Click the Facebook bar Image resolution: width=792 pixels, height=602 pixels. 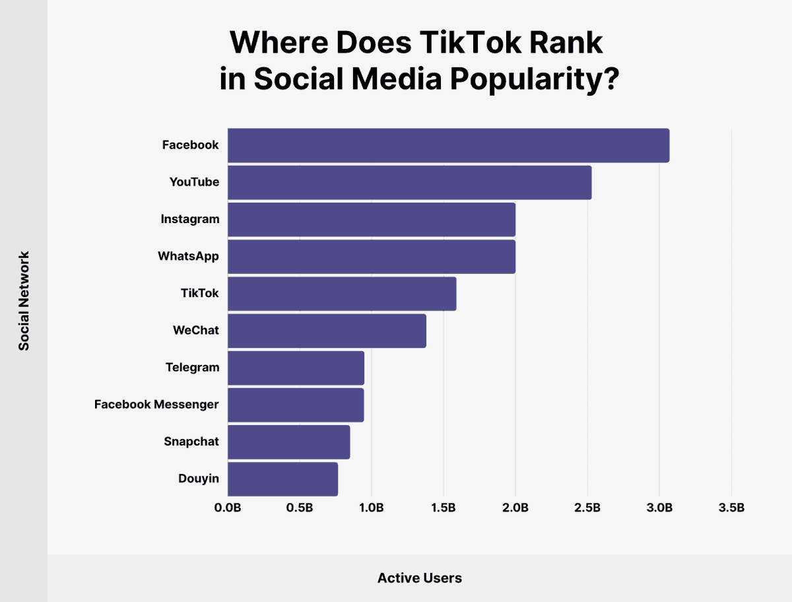click(x=449, y=145)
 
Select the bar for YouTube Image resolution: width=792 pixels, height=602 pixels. click(x=410, y=182)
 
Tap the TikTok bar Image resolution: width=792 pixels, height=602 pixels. click(x=342, y=294)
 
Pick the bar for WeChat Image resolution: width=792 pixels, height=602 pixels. click(x=327, y=331)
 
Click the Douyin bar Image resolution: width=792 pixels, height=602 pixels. click(x=283, y=479)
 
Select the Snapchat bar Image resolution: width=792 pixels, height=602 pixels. click(x=288, y=442)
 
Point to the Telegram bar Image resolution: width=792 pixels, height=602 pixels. click(x=296, y=368)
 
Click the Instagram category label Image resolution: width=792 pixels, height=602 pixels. click(x=190, y=219)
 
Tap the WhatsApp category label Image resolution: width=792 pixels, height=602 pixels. click(x=188, y=256)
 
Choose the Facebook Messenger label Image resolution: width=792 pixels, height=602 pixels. click(x=156, y=405)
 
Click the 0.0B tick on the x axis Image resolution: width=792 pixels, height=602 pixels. click(x=228, y=508)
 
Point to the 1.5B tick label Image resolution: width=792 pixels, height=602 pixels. click(x=444, y=508)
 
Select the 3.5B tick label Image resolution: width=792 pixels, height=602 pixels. click(x=731, y=508)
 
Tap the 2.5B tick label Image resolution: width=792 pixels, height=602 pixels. click(x=587, y=508)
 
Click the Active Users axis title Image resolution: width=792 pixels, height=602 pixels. click(x=420, y=578)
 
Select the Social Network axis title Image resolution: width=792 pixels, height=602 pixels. click(x=24, y=301)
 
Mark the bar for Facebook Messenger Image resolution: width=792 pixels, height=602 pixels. click(x=296, y=405)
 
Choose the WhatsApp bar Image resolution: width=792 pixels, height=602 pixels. click(x=372, y=257)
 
